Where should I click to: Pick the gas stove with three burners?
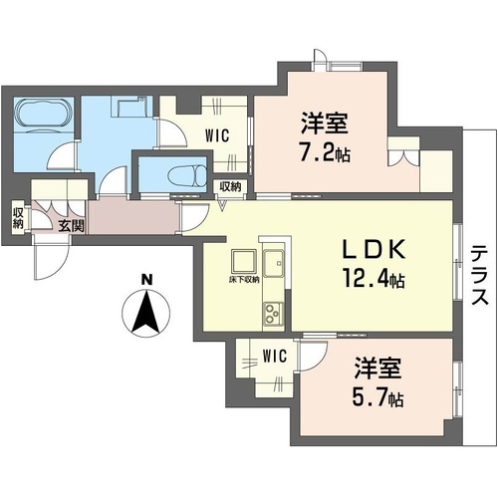[271, 318]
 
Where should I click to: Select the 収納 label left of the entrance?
[18, 215]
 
